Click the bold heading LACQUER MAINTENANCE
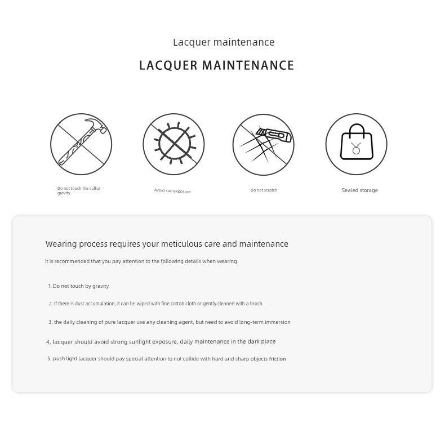point(217,65)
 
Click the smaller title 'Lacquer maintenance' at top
point(224,42)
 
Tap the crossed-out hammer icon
point(81,144)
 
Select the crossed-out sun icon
point(173,144)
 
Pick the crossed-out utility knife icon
point(263,144)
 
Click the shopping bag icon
point(356,144)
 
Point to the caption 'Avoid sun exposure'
point(172,191)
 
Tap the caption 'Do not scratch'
point(264,190)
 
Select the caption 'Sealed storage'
point(359,190)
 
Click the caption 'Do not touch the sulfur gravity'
point(78,190)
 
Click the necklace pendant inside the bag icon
point(356,150)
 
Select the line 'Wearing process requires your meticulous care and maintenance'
point(167,244)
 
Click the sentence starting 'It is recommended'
point(141,261)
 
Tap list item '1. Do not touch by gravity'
point(78,286)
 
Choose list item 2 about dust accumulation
point(156,304)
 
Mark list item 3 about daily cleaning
point(169,322)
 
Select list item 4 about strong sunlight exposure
point(161,341)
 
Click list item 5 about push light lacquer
point(167,359)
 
